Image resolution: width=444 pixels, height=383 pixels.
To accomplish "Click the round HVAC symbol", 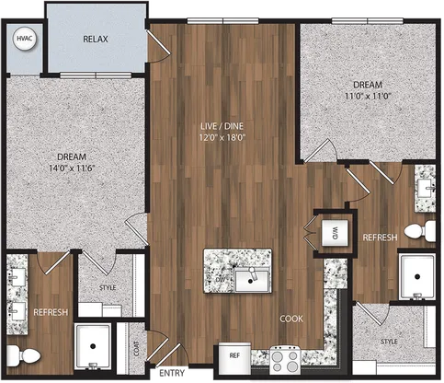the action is point(25,39).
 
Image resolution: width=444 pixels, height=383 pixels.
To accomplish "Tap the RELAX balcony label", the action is point(96,40).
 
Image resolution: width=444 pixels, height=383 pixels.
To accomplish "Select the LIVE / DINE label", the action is point(222,126).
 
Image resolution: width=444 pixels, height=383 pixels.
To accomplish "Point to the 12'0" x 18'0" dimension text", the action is point(222,137).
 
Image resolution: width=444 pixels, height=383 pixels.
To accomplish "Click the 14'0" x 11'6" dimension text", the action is point(72,168).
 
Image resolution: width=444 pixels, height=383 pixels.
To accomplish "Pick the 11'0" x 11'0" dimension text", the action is point(368,96).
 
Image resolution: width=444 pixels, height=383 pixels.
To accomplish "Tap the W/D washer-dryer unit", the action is point(335,233).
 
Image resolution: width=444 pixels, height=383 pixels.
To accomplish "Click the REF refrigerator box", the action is point(234,358).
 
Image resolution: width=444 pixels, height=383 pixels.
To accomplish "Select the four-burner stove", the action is point(285,360).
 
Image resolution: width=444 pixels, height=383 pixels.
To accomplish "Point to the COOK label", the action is point(291,319).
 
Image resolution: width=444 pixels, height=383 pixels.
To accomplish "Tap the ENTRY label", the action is point(172,373).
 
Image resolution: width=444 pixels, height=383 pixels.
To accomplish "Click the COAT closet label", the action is point(136,349).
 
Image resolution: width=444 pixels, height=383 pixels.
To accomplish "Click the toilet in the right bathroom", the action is point(420,231).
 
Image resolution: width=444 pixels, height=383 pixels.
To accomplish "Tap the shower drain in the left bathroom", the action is point(93,346).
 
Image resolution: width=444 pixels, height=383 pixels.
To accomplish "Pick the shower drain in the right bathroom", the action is point(417,276).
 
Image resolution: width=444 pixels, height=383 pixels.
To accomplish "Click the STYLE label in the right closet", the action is point(389,342).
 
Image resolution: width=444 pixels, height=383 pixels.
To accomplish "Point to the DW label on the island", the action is point(220,280).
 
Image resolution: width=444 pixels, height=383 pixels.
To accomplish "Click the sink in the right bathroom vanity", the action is point(427,186).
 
